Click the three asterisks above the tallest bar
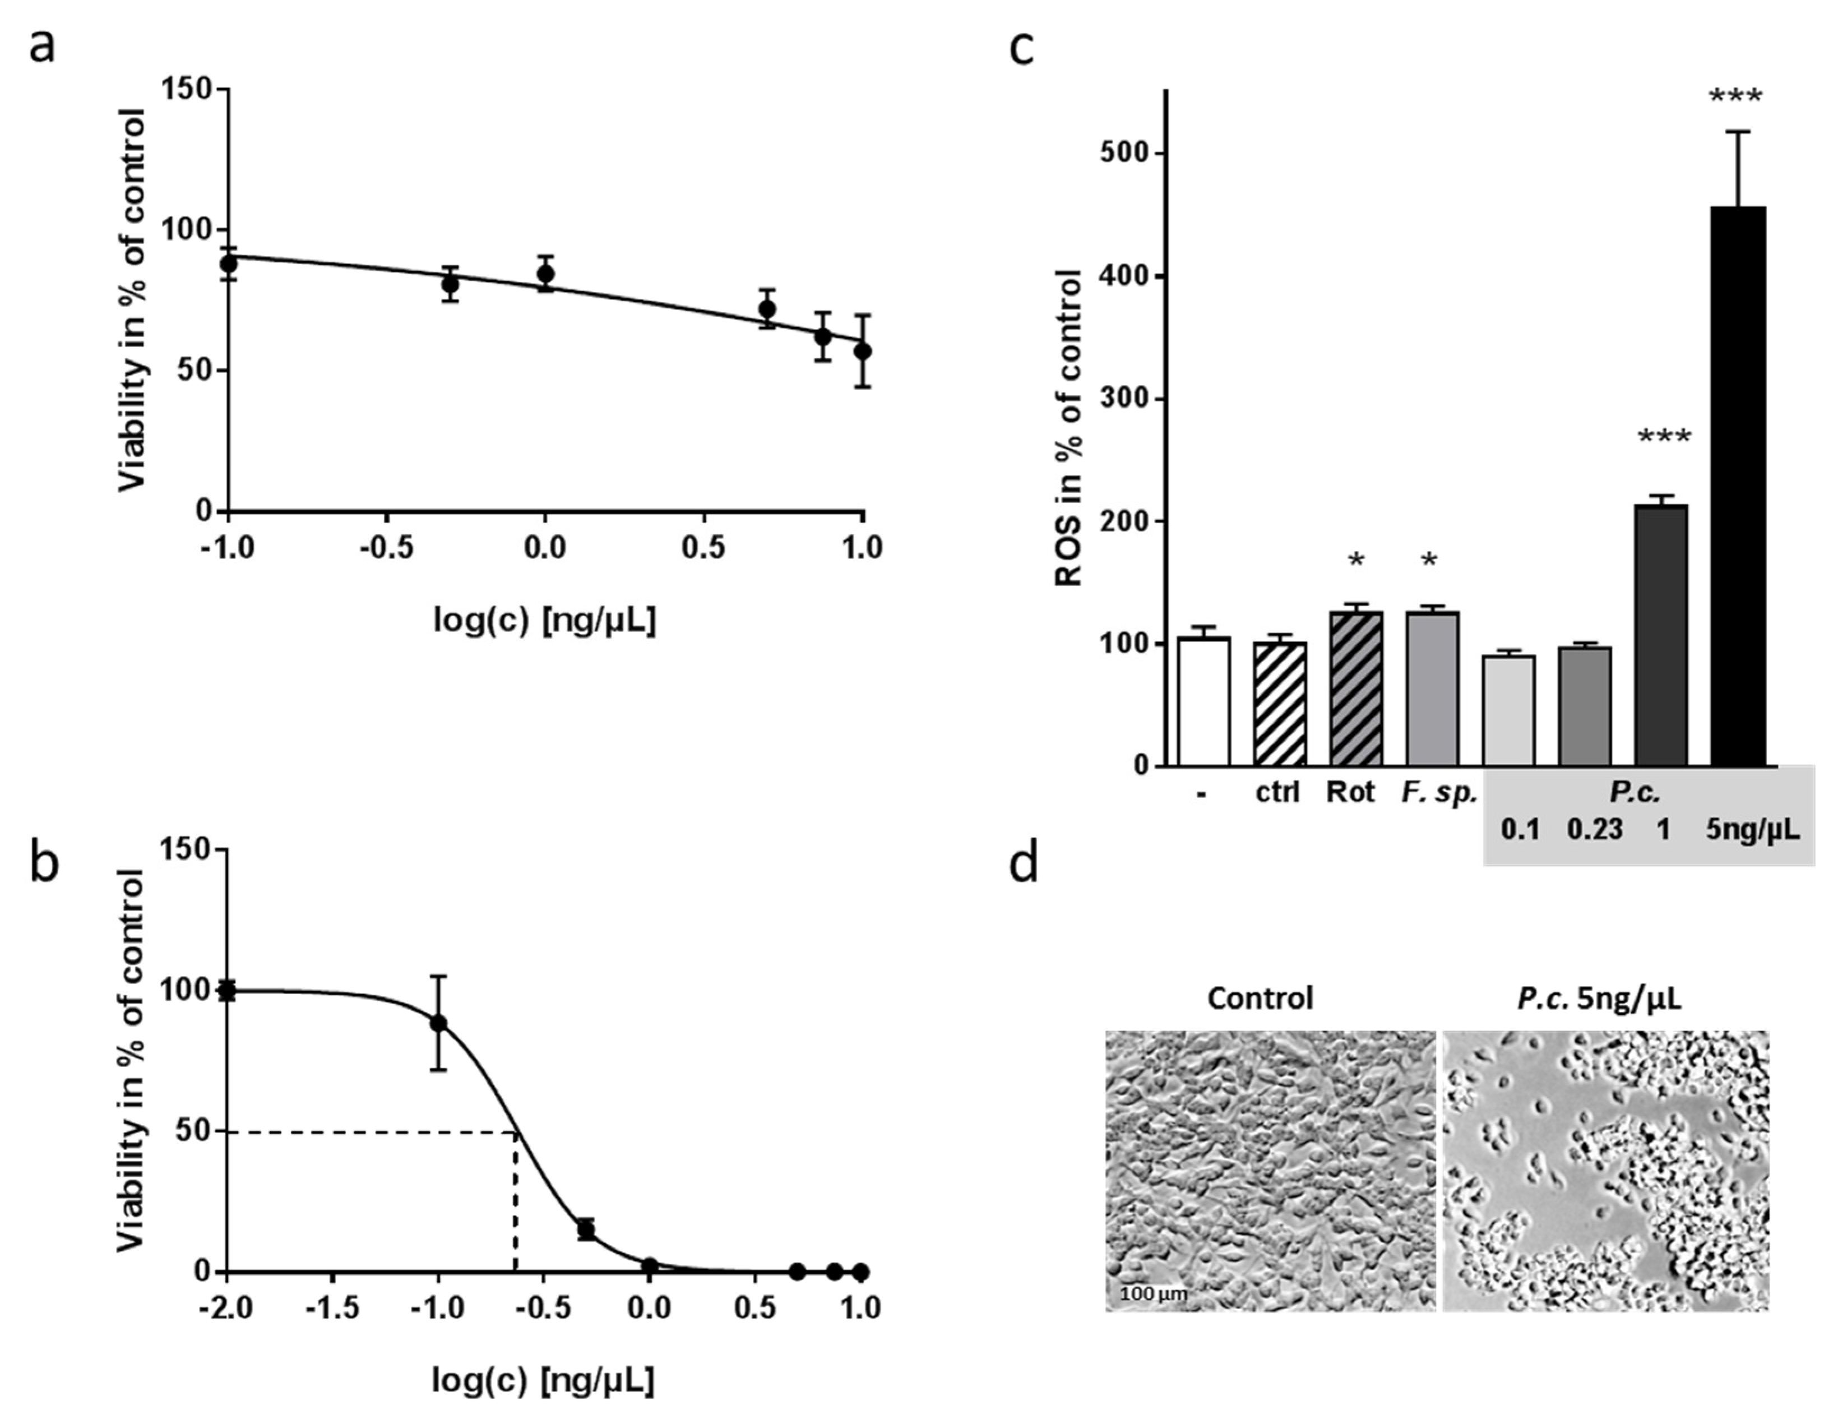click(1735, 97)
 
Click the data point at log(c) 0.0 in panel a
click(545, 274)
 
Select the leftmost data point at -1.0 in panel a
click(228, 264)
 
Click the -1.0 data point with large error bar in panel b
click(438, 1023)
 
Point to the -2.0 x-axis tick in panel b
click(225, 1309)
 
